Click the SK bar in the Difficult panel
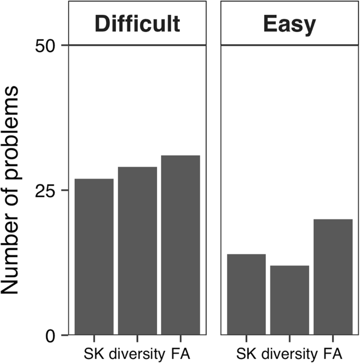pyautogui.click(x=94, y=257)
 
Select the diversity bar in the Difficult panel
pyautogui.click(x=137, y=251)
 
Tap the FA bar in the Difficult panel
pyautogui.click(x=181, y=245)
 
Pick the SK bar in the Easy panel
pyautogui.click(x=246, y=295)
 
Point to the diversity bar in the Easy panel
pyautogui.click(x=289, y=300)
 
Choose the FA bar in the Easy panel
pyautogui.click(x=333, y=277)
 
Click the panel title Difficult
pyautogui.click(x=137, y=24)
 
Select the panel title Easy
pyautogui.click(x=289, y=24)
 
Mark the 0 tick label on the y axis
pyautogui.click(x=50, y=335)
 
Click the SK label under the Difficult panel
pyautogui.click(x=93, y=352)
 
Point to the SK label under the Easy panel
pyautogui.click(x=244, y=352)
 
